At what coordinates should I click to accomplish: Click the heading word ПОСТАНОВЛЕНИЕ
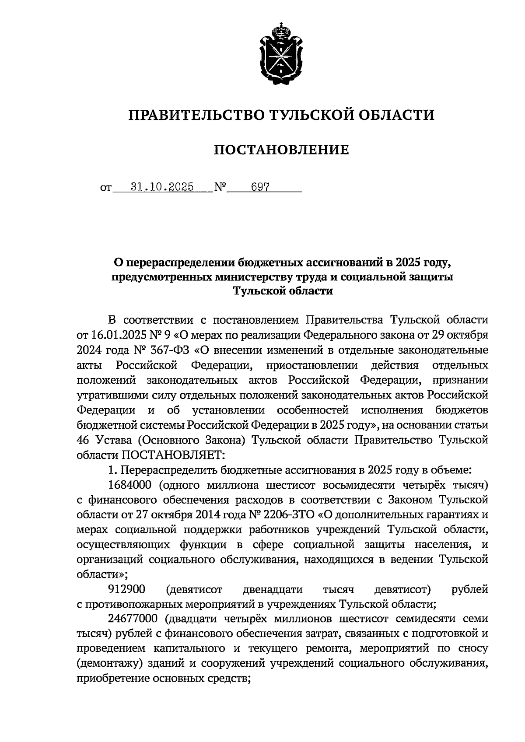click(x=281, y=150)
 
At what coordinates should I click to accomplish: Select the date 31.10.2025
click(x=162, y=187)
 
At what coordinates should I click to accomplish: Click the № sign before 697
click(x=220, y=188)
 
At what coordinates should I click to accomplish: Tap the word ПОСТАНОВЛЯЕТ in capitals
click(x=169, y=455)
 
